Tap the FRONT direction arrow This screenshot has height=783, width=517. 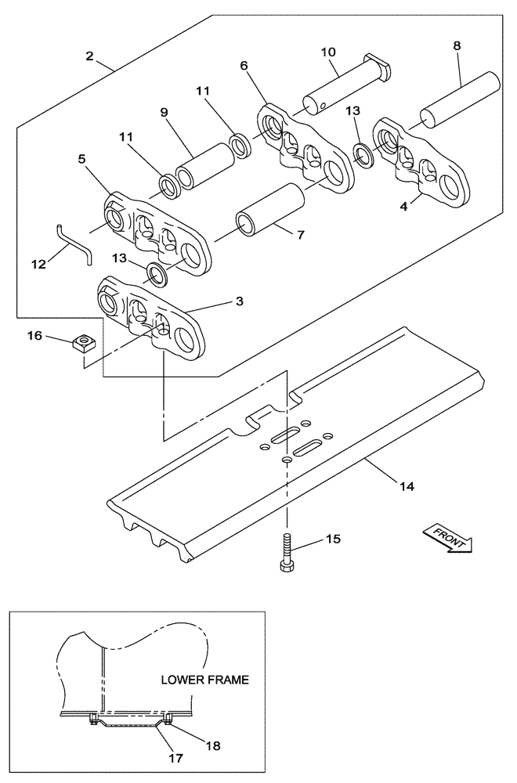pos(447,539)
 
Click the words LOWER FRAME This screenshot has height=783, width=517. pos(205,679)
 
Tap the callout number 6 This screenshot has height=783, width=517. pos(245,66)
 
